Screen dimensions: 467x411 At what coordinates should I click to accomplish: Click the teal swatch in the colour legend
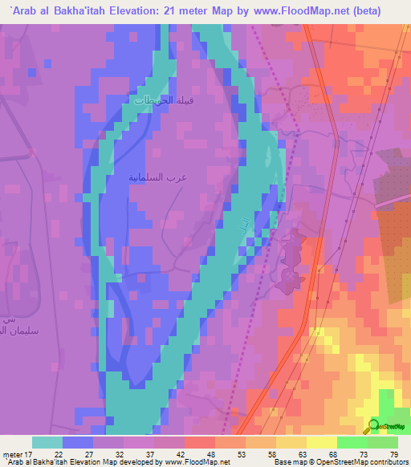point(47,442)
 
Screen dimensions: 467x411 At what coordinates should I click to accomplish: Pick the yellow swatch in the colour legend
point(322,442)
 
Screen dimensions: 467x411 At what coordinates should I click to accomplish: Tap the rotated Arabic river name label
point(239,227)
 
